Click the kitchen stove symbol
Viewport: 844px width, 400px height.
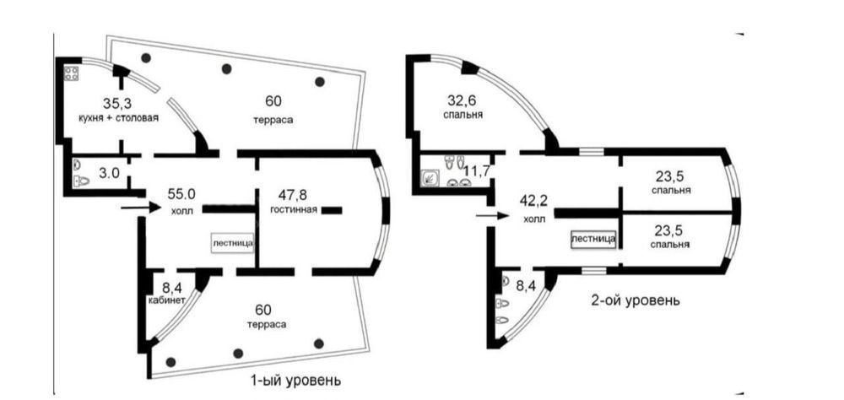(x=72, y=73)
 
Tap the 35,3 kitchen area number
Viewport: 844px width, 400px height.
(x=115, y=103)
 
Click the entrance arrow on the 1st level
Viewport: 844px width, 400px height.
(x=140, y=208)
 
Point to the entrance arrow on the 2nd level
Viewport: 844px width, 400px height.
(x=492, y=216)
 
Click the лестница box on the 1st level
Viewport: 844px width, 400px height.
(x=233, y=243)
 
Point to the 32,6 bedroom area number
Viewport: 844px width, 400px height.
(x=463, y=100)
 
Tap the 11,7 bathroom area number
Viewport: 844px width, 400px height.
(x=476, y=172)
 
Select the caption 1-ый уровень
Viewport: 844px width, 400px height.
(x=295, y=381)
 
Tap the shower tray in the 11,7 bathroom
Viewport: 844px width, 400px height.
(x=430, y=176)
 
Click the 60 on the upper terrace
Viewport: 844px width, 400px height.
(x=273, y=100)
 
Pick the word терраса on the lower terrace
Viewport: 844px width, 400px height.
(x=267, y=325)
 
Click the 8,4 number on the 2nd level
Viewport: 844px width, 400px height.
(x=525, y=284)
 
